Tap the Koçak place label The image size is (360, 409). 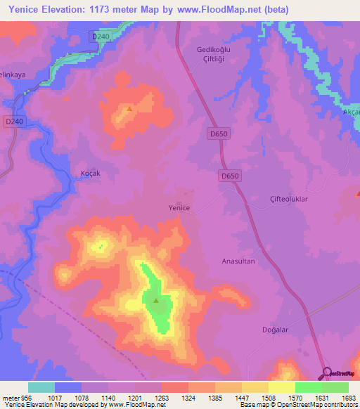pos(91,173)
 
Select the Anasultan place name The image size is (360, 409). pos(238,261)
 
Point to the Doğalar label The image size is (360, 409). pos(295,329)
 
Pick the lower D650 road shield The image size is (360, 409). pos(230,176)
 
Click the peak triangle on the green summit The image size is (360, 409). pos(155,301)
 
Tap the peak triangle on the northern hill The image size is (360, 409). pos(129,110)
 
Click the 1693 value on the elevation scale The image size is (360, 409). pos(349,397)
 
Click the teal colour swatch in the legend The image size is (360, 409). pos(41,387)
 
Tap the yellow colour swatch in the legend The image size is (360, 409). pos(281,387)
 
